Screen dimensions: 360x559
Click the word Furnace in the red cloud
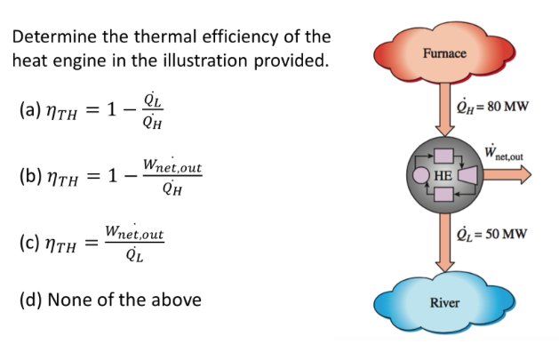(x=444, y=52)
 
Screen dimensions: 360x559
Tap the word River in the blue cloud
(x=444, y=303)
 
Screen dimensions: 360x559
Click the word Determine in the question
(x=55, y=37)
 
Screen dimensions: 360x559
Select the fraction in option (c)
(x=133, y=241)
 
